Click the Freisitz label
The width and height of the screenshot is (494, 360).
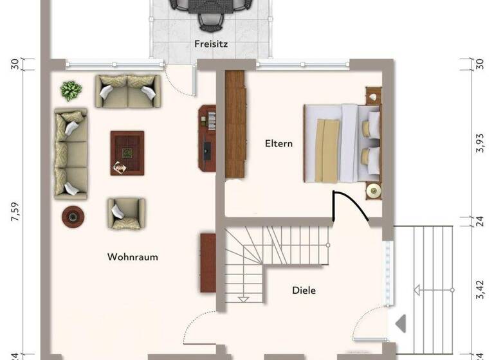point(212,44)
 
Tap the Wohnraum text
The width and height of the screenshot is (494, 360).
point(133,257)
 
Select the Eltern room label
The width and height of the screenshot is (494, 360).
point(279,143)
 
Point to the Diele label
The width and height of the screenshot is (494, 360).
point(304,291)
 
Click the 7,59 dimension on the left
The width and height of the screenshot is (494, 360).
point(15,212)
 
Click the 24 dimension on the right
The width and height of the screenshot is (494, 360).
point(479,221)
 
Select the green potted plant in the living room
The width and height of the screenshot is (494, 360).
point(71,90)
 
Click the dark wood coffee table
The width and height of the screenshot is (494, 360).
point(127,152)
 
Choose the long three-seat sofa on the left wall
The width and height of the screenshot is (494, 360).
point(71,154)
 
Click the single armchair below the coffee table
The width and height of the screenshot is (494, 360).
point(126,212)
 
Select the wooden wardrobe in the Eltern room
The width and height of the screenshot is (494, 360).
point(235,124)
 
